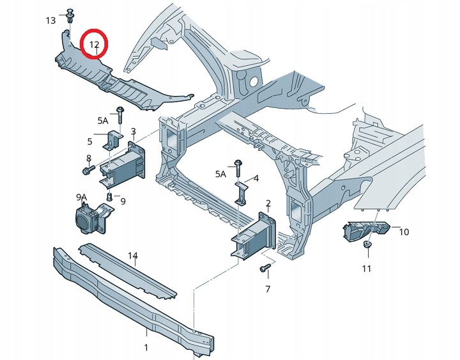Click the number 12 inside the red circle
(x=94, y=45)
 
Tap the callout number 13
(x=50, y=20)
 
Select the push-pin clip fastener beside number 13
(x=70, y=15)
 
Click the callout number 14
(x=133, y=256)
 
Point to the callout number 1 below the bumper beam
(x=146, y=348)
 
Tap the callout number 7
(x=268, y=289)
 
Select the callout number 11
(x=367, y=269)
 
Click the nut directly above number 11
(x=367, y=244)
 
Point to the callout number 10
(x=404, y=232)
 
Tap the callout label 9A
(x=82, y=198)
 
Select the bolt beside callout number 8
(x=88, y=169)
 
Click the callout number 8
(x=89, y=159)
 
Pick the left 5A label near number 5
(x=103, y=120)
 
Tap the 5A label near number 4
(x=221, y=174)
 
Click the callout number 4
(x=256, y=178)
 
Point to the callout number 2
(x=268, y=203)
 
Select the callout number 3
(x=133, y=131)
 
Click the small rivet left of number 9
(x=110, y=196)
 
